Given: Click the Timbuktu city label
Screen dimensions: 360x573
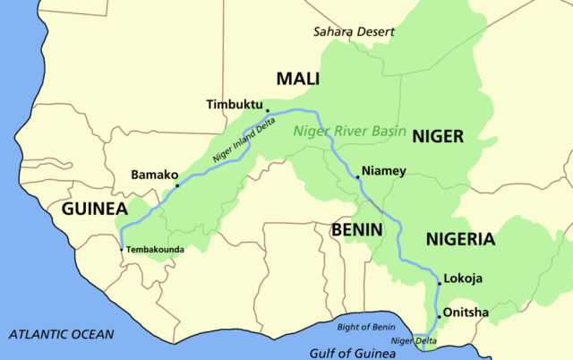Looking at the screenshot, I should pos(234,103).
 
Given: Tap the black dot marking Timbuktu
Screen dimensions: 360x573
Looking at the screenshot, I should pos(267,112).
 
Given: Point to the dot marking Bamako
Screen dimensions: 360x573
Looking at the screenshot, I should pos(177,186).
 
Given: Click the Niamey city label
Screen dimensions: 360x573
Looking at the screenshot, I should pos(384,170).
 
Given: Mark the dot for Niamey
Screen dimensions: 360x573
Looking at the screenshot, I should pos(357,177).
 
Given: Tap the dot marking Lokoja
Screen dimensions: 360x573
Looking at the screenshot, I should pos(439,283).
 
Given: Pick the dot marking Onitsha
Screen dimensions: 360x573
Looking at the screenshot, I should pos(439,317).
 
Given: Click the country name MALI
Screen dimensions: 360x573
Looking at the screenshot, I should pos(298,79).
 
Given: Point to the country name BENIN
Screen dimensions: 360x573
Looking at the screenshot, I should pos(357,229).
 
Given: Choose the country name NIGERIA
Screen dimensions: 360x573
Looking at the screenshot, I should pos(459,239).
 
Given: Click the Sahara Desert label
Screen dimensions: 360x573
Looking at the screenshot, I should pos(353,31).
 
